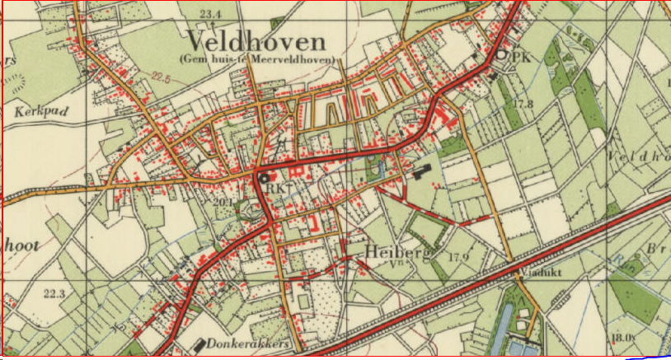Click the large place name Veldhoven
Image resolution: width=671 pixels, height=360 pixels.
[x=256, y=40]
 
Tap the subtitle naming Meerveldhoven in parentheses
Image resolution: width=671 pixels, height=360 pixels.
[x=256, y=59]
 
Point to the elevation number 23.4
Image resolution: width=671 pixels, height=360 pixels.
[x=211, y=14]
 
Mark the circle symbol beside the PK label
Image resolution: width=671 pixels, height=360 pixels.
[x=503, y=56]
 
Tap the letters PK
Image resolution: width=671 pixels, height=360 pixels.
[x=519, y=58]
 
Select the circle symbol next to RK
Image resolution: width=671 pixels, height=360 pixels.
[x=264, y=177]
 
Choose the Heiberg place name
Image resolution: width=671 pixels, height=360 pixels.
[x=396, y=252]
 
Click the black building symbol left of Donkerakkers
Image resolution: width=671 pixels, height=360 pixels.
[x=200, y=342]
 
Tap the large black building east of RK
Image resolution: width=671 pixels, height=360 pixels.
[x=420, y=172]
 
